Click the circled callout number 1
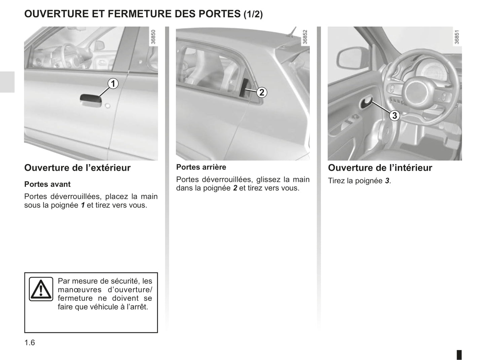coord(113,83)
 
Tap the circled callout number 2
coord(262,92)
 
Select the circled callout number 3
coord(394,116)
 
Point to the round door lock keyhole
coord(107,106)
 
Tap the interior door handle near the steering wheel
coord(366,103)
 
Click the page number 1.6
coord(30,343)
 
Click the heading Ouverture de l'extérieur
coord(77,168)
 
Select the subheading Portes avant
coord(47,184)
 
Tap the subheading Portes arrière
coord(201,167)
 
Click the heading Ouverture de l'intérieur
coord(380,168)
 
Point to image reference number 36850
coord(154,37)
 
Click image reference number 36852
coord(305,37)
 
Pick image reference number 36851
coord(457,37)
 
